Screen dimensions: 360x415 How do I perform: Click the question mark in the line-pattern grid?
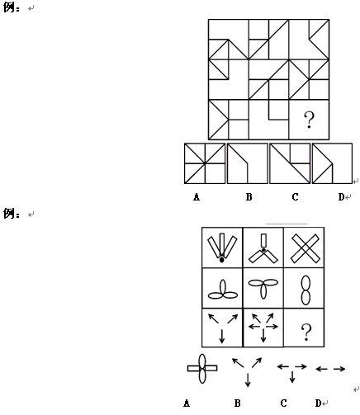point(309,120)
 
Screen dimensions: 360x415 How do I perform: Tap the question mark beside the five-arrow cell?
point(306,332)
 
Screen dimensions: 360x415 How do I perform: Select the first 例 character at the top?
point(9,7)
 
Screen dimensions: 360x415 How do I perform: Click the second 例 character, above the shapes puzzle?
point(9,214)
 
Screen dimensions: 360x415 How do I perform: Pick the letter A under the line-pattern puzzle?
point(197,197)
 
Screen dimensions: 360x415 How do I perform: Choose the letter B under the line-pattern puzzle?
point(249,197)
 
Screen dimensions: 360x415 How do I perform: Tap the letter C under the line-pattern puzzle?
point(295,197)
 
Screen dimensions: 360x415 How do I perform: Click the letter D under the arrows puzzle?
point(319,403)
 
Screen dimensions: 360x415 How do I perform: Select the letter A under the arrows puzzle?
point(187,403)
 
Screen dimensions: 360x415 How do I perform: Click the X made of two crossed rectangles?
point(306,248)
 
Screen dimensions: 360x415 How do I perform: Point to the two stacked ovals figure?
point(306,290)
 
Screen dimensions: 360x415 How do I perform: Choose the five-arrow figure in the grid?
point(263,327)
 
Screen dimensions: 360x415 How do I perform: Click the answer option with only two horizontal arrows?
point(330,369)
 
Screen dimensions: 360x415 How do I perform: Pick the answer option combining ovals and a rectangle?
point(202,369)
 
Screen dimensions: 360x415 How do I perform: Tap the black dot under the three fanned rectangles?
point(222,260)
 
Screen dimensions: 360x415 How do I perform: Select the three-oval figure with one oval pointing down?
point(263,289)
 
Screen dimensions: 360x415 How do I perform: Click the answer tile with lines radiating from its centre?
point(205,163)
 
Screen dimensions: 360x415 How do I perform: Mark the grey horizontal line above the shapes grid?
point(287,224)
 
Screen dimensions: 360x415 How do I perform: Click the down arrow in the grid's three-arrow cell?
point(222,336)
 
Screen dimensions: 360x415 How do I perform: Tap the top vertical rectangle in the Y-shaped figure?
point(263,240)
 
